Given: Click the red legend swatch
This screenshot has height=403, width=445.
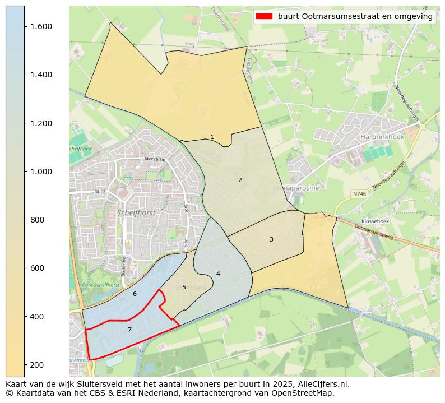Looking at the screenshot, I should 263,16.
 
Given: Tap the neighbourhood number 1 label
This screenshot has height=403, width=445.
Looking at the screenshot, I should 212,137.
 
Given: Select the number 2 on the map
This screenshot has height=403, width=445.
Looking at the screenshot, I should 240,180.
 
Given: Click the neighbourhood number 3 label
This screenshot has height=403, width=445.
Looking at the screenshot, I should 271,239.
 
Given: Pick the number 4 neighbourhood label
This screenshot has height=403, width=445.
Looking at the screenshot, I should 218,274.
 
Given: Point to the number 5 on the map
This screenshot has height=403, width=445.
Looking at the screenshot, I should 184,287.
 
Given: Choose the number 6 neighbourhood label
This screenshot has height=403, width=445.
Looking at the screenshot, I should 135,294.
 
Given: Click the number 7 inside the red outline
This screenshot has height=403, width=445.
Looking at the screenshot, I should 129,330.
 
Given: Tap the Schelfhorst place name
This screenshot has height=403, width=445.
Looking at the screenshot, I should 136,213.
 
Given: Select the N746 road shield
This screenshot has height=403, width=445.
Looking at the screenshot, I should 359,193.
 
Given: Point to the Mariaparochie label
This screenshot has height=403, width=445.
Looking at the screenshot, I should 296,188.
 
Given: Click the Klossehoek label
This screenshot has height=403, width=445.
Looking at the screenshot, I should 375,221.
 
